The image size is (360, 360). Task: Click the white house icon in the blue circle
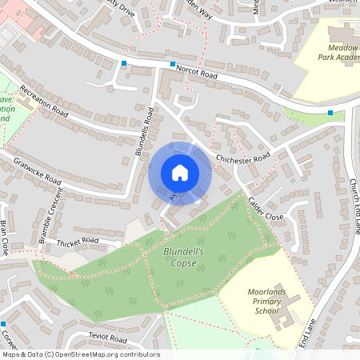pyautogui.click(x=180, y=173)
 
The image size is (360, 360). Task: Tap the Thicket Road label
pyautogui.click(x=77, y=240)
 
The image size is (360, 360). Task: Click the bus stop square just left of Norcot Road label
pyautogui.click(x=172, y=64)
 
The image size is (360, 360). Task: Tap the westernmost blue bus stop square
pyautogui.click(x=124, y=62)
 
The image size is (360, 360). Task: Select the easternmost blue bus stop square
pyautogui.click(x=330, y=113)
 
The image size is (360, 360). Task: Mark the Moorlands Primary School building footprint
pyautogui.click(x=286, y=307)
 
